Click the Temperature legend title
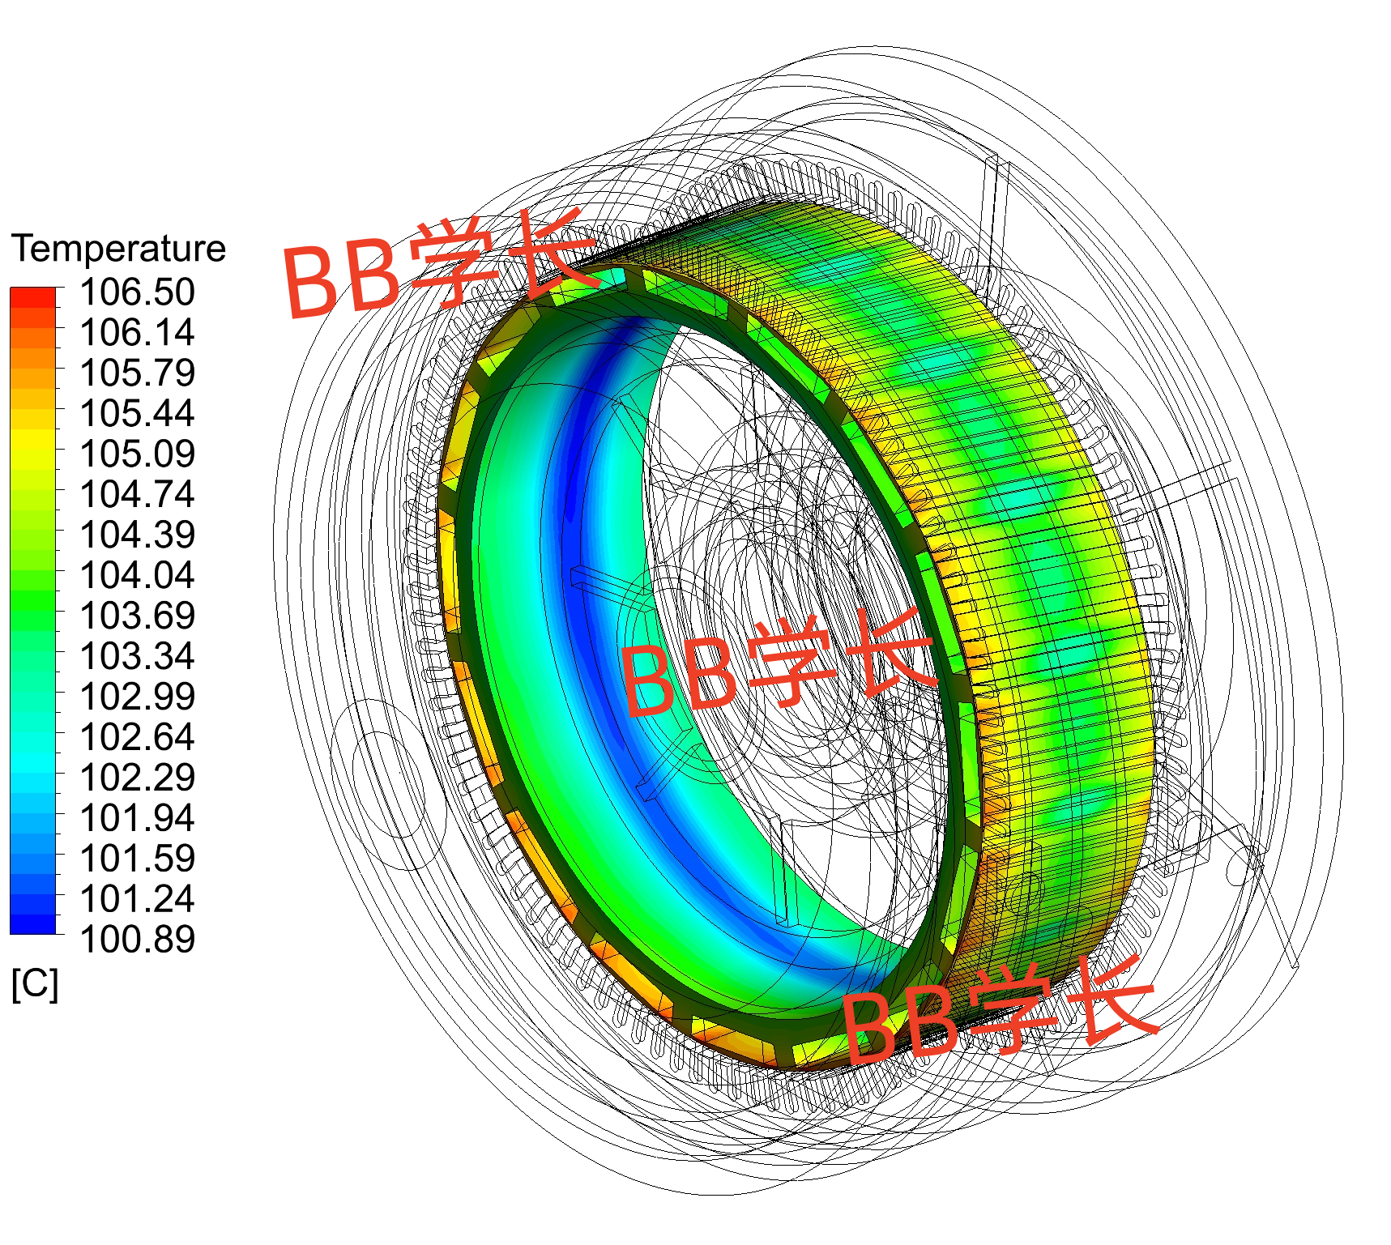point(118,249)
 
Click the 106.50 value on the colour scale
point(138,292)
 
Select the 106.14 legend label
point(138,332)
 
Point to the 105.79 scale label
point(138,373)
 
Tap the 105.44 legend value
point(138,413)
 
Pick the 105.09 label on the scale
point(138,454)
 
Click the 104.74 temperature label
point(138,494)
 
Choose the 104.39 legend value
point(138,535)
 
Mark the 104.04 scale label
point(138,575)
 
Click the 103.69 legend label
point(138,616)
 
